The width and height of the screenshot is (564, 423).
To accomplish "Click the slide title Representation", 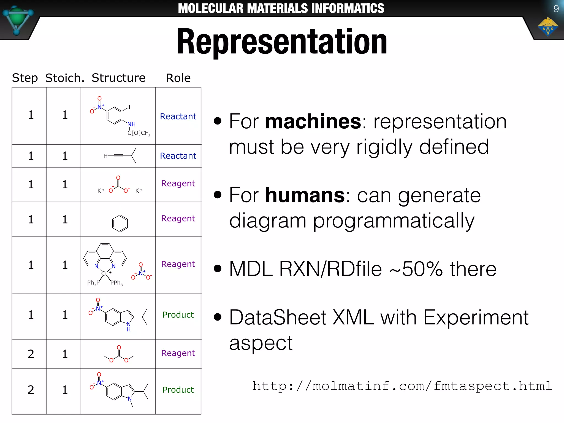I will pyautogui.click(x=282, y=42).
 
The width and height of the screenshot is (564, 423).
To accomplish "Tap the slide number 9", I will pyautogui.click(x=556, y=9).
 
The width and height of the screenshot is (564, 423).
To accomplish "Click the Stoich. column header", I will pyautogui.click(x=65, y=78).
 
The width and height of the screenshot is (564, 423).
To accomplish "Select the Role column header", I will pyautogui.click(x=178, y=78).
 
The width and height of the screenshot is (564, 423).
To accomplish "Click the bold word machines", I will pyautogui.click(x=313, y=121).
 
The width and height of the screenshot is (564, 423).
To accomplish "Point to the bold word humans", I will pyautogui.click(x=305, y=195).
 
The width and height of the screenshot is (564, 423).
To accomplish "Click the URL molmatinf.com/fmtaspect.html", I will pyautogui.click(x=402, y=386).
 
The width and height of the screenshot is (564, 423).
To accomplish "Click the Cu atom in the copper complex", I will pyautogui.click(x=105, y=273).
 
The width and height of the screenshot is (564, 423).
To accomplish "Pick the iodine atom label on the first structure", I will pyautogui.click(x=129, y=107).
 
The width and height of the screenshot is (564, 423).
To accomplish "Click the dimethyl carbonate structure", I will pyautogui.click(x=119, y=355).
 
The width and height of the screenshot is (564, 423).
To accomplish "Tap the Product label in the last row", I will pyautogui.click(x=178, y=390).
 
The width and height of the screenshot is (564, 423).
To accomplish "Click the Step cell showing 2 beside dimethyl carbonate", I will pyautogui.click(x=31, y=354).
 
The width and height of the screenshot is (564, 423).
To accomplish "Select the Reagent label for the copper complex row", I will pyautogui.click(x=178, y=264).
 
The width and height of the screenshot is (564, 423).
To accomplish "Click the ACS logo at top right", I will pyautogui.click(x=548, y=27).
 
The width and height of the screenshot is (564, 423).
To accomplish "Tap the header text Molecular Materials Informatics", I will pyautogui.click(x=281, y=8).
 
